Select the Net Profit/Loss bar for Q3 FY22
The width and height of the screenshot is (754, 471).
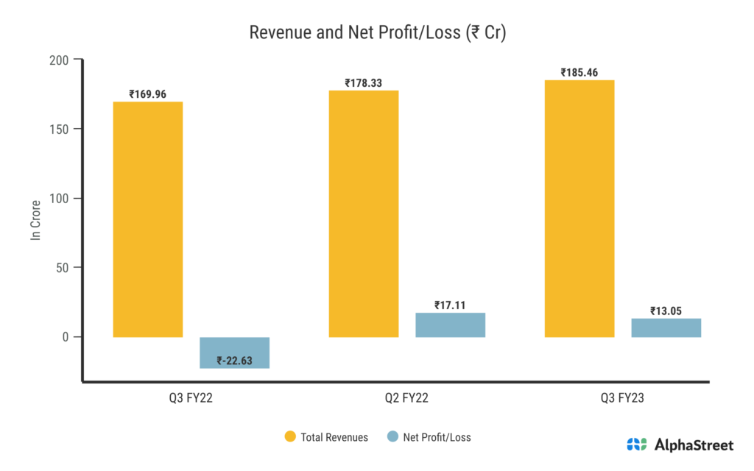(234, 352)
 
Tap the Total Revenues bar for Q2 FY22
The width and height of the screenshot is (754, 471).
(363, 213)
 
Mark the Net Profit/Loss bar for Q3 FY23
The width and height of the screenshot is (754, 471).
(666, 327)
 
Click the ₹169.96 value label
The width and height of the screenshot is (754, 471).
(147, 94)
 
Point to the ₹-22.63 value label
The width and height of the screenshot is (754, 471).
(235, 361)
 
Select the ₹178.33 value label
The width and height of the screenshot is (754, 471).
(363, 83)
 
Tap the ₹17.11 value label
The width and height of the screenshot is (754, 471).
(450, 305)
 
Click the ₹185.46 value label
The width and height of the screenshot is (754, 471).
(579, 73)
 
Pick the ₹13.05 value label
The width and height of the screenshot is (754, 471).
(666, 311)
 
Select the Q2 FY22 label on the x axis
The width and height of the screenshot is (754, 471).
(406, 398)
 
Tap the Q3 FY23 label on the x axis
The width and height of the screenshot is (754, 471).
(622, 398)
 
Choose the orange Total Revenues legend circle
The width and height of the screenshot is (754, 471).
(290, 437)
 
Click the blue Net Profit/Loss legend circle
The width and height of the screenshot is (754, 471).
(392, 437)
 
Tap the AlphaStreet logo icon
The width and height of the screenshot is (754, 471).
(637, 445)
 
